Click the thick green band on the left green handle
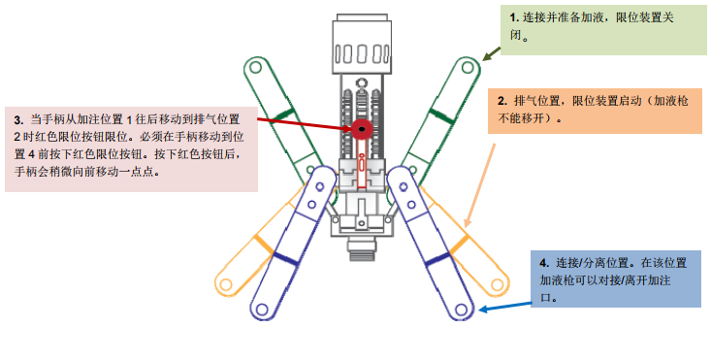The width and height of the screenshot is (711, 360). [282, 117]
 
